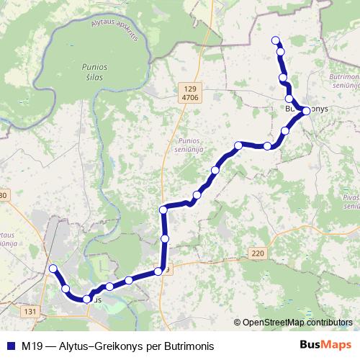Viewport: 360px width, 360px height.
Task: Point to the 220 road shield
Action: (258, 253)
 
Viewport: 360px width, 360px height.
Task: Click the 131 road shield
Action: (30, 311)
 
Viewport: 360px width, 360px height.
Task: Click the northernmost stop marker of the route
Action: (275, 40)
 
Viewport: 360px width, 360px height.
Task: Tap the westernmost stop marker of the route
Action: (52, 269)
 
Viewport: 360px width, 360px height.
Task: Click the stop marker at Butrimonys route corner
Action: (306, 111)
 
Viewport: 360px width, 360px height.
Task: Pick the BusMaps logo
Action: (326, 345)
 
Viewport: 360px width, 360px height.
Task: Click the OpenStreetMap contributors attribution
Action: (296, 323)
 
